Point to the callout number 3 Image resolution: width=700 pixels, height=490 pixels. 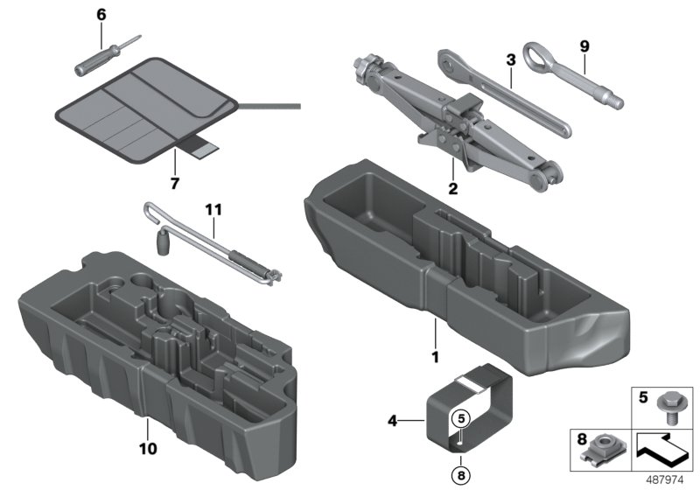(x=509, y=60)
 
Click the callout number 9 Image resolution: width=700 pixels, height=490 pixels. (x=584, y=44)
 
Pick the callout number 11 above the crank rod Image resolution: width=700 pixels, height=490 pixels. (x=213, y=210)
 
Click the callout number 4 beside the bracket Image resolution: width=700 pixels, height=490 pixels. (x=393, y=422)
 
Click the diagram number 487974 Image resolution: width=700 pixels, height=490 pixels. (x=668, y=479)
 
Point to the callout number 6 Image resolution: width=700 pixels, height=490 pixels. (x=101, y=15)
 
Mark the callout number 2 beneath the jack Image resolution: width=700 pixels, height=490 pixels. (x=452, y=186)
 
